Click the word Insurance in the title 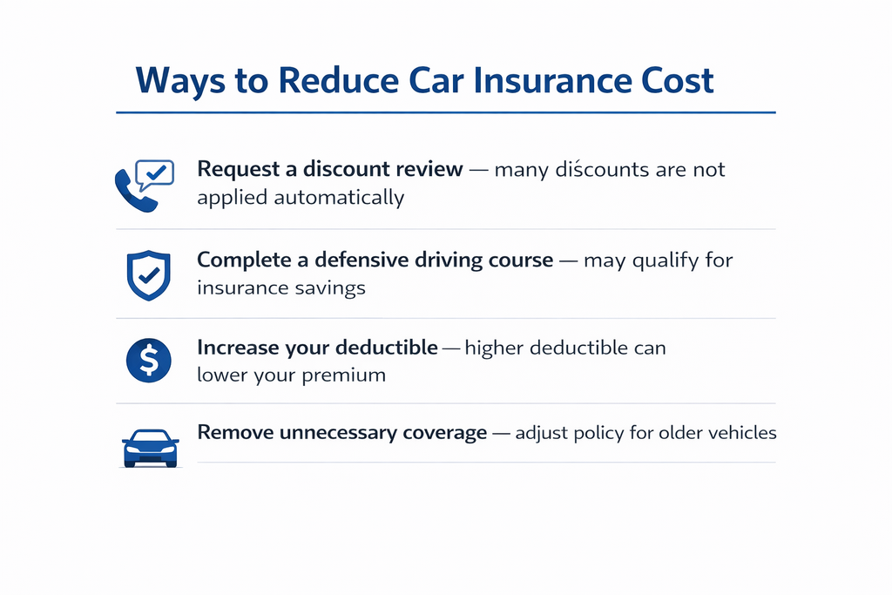(x=551, y=80)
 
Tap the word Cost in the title (x=678, y=80)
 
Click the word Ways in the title (x=180, y=82)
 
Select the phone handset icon (x=136, y=191)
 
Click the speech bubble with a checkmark (x=155, y=174)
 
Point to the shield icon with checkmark (x=148, y=275)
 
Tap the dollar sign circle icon (x=148, y=360)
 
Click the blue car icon (x=150, y=449)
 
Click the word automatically (x=339, y=198)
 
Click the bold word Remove (x=235, y=432)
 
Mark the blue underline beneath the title (x=446, y=112)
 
